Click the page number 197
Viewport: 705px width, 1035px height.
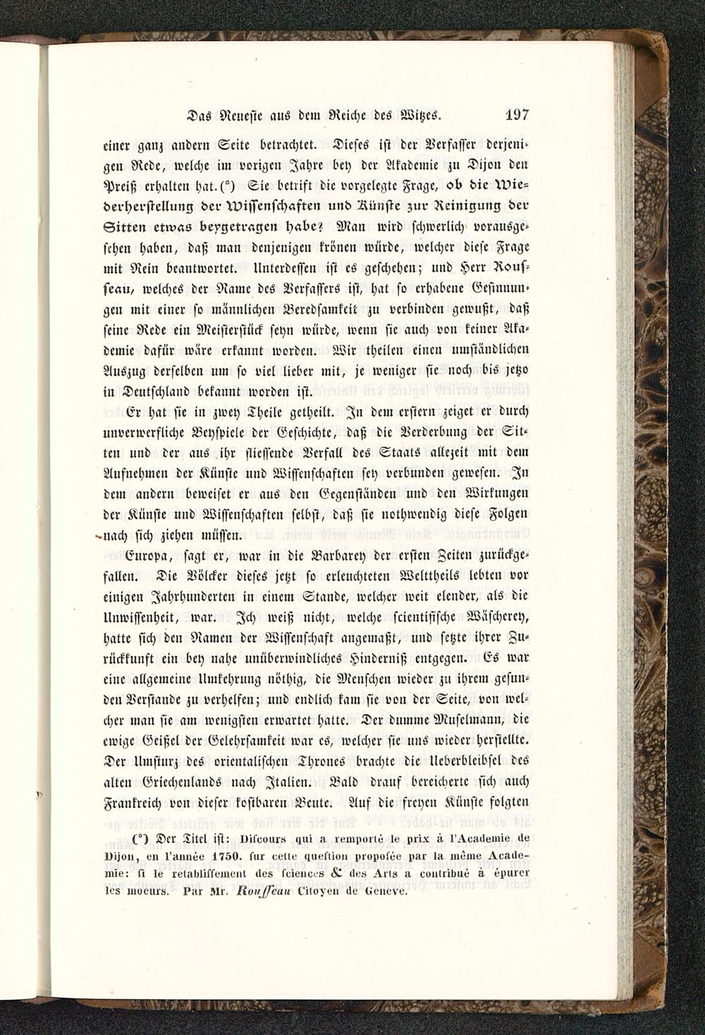517,115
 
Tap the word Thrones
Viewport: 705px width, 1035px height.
322,762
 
